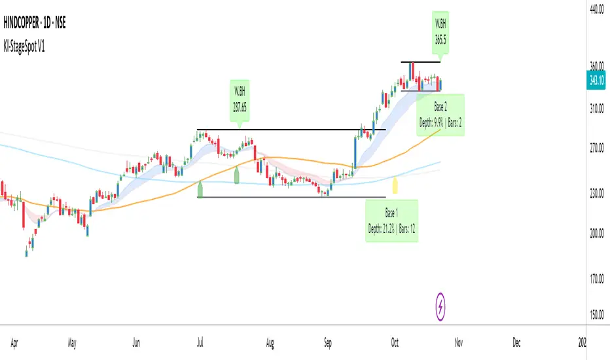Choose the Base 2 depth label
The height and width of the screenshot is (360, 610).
pyautogui.click(x=441, y=115)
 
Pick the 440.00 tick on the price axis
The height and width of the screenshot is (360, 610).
pyautogui.click(x=596, y=9)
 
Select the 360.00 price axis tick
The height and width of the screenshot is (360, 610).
pyautogui.click(x=596, y=66)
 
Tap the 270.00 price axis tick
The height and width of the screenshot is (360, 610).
pyautogui.click(x=596, y=148)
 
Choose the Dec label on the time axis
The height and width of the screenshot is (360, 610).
pyautogui.click(x=516, y=342)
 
